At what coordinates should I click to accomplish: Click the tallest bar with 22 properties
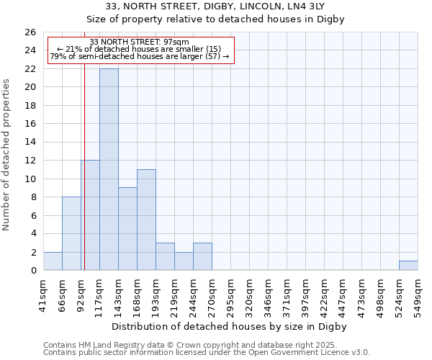(x=109, y=169)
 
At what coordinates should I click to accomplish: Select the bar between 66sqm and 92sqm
(x=71, y=233)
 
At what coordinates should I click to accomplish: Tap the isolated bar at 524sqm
(x=408, y=266)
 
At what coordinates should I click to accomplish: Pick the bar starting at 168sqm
(x=146, y=220)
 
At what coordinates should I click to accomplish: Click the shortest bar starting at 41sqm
(x=53, y=261)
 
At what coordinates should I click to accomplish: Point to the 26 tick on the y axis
(x=30, y=32)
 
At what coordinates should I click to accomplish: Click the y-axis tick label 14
(x=30, y=142)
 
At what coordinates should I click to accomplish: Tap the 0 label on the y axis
(x=32, y=271)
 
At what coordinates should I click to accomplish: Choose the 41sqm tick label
(x=44, y=294)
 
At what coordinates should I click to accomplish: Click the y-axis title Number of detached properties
(x=7, y=165)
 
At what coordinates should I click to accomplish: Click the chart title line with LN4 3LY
(x=216, y=6)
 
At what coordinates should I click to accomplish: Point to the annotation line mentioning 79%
(x=140, y=56)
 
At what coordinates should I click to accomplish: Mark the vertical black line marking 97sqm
(x=84, y=180)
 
